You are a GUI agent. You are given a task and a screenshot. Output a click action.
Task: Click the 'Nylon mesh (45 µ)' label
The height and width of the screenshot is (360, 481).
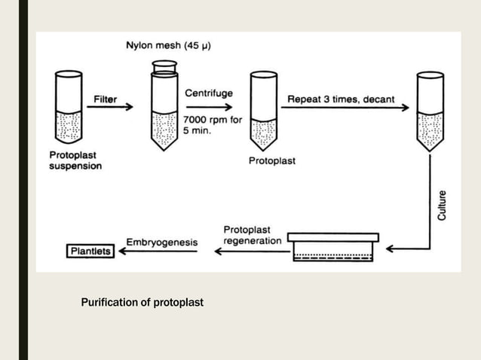click(168, 45)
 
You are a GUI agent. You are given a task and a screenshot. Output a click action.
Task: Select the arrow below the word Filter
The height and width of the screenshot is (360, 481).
click(109, 108)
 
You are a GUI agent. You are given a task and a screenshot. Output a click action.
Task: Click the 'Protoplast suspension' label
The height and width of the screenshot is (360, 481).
click(75, 160)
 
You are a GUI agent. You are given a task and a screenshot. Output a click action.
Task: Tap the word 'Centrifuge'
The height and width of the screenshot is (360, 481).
click(209, 93)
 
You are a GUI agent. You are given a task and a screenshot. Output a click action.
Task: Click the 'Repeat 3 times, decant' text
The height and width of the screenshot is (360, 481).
click(341, 99)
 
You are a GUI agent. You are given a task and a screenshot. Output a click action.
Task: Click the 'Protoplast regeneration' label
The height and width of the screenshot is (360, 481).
click(252, 235)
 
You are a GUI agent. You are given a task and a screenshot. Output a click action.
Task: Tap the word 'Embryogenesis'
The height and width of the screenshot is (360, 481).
click(161, 243)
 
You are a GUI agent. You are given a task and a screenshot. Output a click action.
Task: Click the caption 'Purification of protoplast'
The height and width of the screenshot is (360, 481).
click(142, 303)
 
